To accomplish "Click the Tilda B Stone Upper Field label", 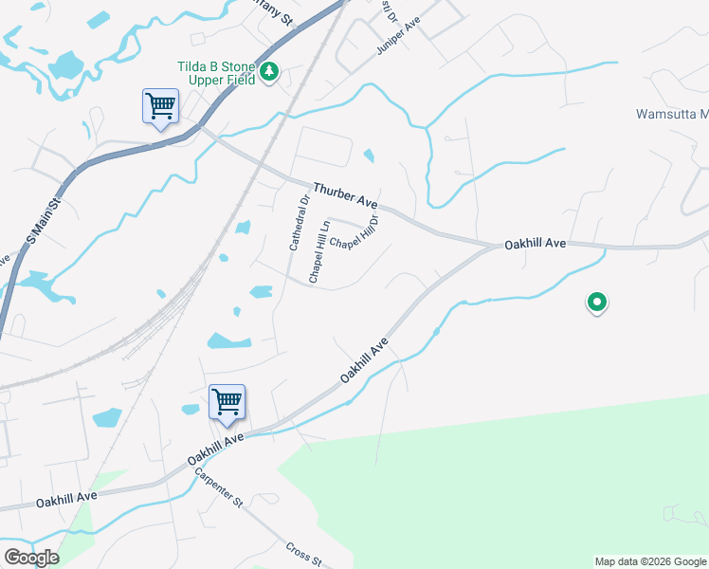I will pos(215,73).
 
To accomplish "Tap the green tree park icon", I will pos(269,72).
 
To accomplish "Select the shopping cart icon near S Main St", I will pos(160,106).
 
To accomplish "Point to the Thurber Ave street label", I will pos(346,195).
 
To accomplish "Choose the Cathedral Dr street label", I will pos(300,223).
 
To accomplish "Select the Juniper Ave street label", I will pos(397,36).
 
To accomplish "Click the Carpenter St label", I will pos(220,488).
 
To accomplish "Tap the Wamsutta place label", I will pos(671,115).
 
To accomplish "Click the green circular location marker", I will pos(597,303).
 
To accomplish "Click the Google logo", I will pos(31,558).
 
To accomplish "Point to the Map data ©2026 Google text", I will pos(649,561).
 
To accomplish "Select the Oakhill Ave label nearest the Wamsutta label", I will pos(536,244).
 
